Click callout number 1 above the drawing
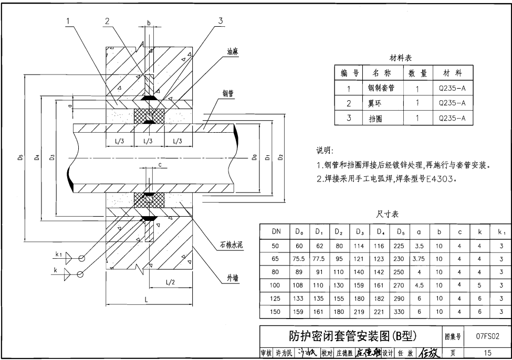68,21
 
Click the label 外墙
233,278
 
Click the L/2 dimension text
170,282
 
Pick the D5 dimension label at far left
20,158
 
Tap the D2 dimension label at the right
281,157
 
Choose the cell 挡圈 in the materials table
375,119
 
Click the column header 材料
452,73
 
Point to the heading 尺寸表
388,215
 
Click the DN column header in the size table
276,231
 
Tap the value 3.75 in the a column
418,258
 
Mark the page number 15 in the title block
488,353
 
